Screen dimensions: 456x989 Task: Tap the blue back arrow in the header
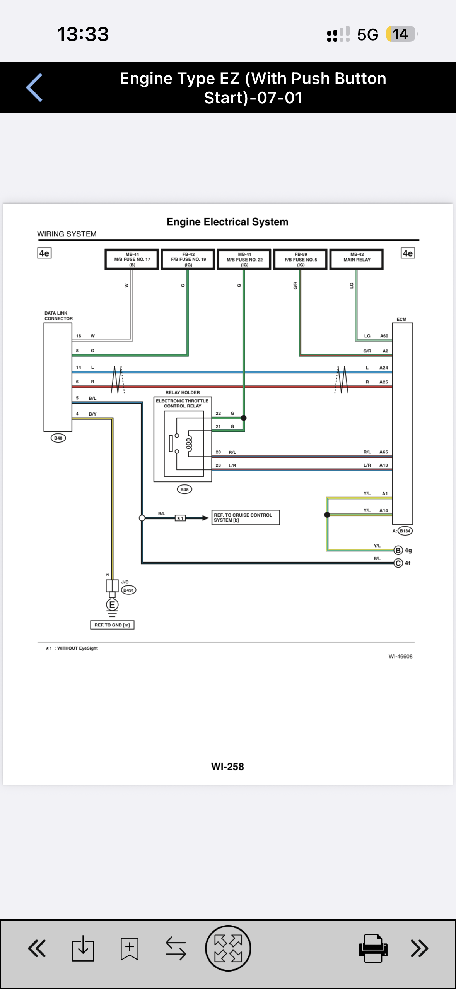click(34, 87)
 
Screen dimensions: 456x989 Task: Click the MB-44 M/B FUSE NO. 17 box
click(132, 259)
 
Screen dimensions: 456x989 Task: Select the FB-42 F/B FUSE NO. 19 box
click(188, 259)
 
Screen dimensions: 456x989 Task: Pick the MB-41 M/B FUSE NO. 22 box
click(244, 259)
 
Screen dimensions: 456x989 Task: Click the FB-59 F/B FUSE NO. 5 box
click(301, 259)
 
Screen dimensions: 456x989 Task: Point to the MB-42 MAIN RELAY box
click(357, 259)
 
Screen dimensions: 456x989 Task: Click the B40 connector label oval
click(58, 438)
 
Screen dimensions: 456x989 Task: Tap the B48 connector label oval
click(184, 489)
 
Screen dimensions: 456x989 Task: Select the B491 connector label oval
click(128, 590)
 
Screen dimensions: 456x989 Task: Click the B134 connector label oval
click(405, 531)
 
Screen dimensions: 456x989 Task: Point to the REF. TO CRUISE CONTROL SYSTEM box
click(246, 517)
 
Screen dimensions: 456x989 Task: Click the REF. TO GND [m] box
click(112, 625)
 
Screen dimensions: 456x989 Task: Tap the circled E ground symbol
click(112, 605)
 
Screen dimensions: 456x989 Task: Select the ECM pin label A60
click(384, 336)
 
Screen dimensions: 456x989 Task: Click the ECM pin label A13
click(384, 465)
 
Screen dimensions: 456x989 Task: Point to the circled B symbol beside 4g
click(398, 550)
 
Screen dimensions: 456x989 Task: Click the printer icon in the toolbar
click(373, 948)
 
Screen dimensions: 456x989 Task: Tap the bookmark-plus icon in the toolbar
click(129, 948)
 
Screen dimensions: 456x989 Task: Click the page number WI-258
click(227, 767)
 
